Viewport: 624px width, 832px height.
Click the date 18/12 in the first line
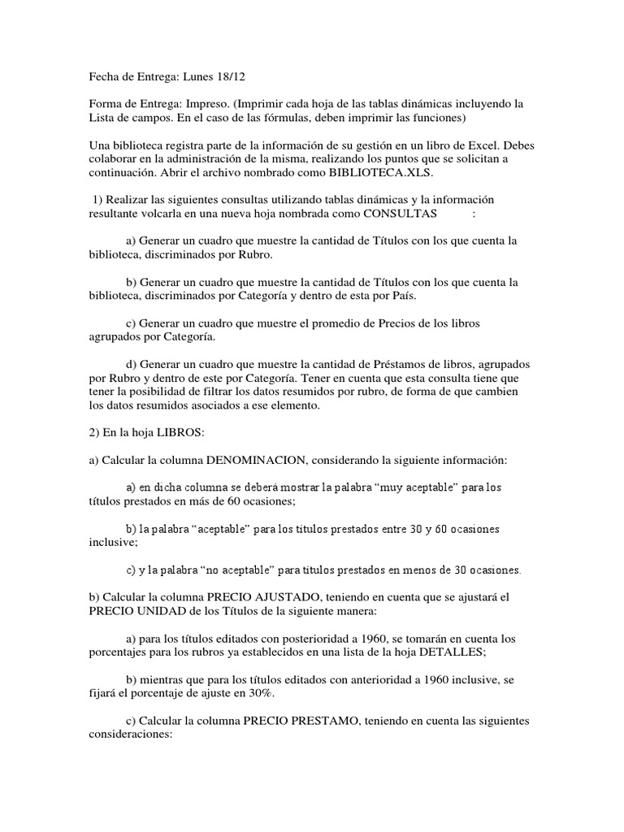click(230, 76)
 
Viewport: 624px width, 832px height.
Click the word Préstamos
click(367, 365)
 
